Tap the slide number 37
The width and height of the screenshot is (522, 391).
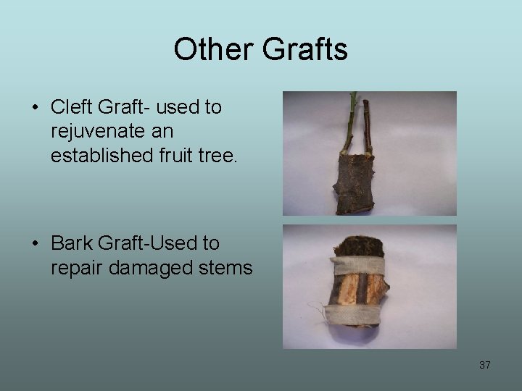pyautogui.click(x=485, y=365)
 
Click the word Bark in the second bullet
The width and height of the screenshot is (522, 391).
pyautogui.click(x=72, y=244)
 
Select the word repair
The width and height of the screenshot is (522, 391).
pyautogui.click(x=75, y=269)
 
